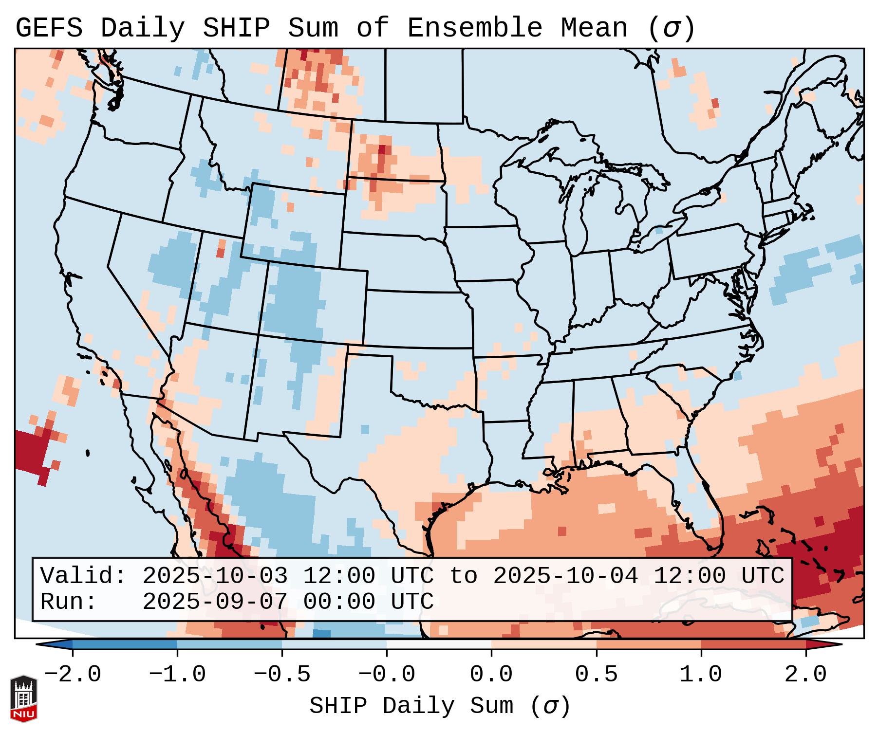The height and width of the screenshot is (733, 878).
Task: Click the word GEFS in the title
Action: pos(49,28)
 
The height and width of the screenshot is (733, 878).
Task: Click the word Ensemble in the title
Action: pos(475,28)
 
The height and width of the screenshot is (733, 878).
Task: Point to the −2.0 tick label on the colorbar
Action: pos(73,675)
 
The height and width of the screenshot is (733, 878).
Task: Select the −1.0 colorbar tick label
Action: pos(177,675)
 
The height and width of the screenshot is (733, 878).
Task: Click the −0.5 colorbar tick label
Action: pos(282,675)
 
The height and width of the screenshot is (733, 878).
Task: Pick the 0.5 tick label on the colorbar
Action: pos(597,675)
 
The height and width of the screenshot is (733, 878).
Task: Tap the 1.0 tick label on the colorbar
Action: pos(701,675)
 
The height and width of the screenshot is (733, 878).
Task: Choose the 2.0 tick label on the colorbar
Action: pos(806,675)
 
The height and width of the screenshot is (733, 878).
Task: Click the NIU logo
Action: pos(23,698)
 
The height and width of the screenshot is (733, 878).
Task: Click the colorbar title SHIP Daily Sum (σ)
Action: pos(439,706)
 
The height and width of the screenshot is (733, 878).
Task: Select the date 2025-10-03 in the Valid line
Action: pos(215,576)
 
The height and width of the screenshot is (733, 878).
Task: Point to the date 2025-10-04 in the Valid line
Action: pos(566,576)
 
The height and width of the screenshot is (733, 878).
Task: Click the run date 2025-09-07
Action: pos(215,602)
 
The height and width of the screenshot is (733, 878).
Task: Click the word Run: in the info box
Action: pos(69,602)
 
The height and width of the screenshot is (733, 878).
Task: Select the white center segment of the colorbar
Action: pos(439,644)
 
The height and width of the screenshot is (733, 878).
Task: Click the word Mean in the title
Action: pos(594,28)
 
